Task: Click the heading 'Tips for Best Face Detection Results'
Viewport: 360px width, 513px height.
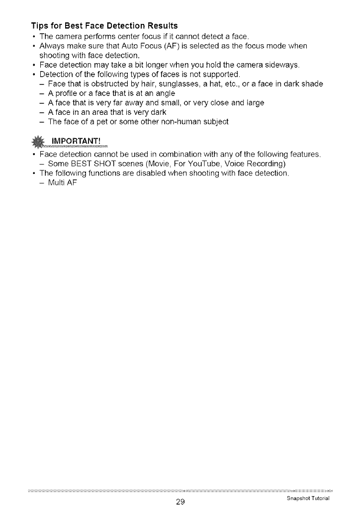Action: (x=104, y=25)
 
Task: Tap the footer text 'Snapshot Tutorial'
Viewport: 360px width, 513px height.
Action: (x=309, y=499)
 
